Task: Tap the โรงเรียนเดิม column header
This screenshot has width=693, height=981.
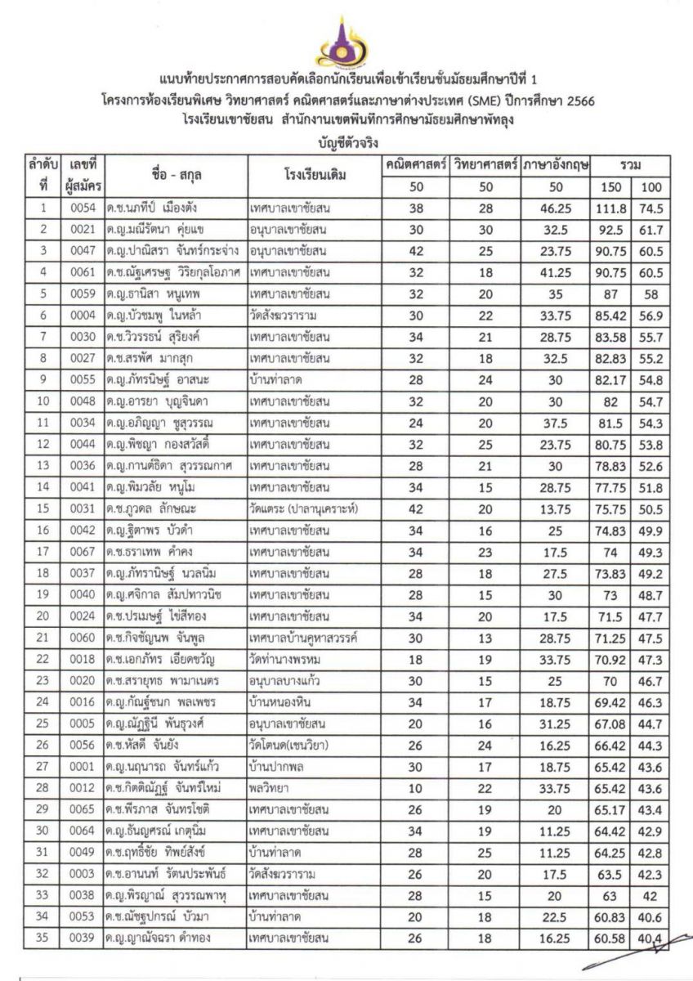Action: point(313,175)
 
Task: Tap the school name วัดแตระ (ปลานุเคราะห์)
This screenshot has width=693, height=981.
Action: point(302,508)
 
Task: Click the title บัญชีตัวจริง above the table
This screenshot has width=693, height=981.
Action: point(346,141)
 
